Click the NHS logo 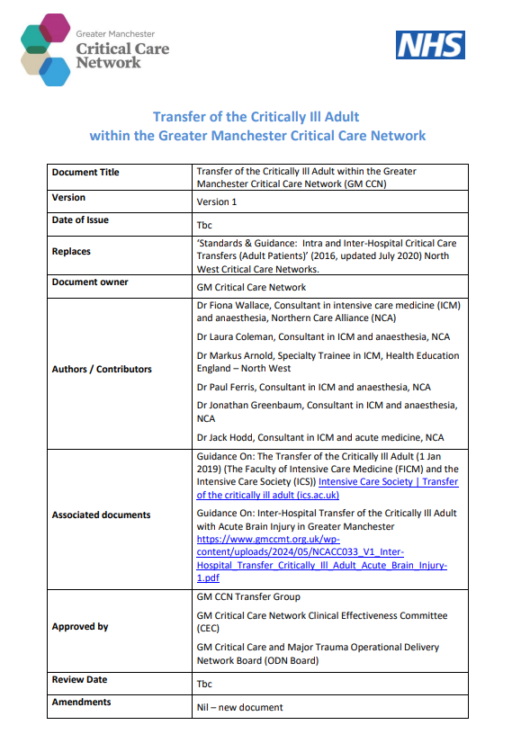[x=430, y=45]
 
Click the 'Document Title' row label [x=85, y=172]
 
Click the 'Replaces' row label [x=71, y=252]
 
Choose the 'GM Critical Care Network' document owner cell [x=251, y=288]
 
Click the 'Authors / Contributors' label [x=102, y=370]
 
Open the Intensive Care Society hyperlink [x=388, y=482]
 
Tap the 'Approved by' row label [x=80, y=627]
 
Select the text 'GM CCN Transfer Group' [x=248, y=596]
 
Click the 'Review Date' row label [x=78, y=680]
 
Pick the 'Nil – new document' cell [x=239, y=707]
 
